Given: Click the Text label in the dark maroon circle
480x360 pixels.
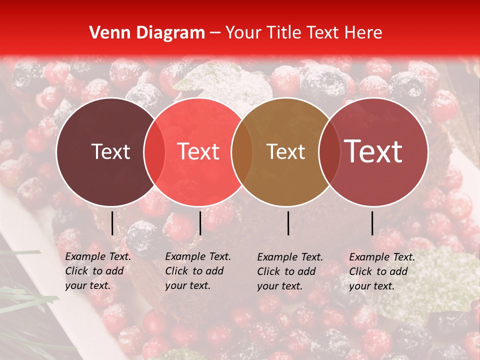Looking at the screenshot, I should (x=110, y=152).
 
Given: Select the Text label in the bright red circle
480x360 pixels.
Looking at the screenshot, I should (x=198, y=152).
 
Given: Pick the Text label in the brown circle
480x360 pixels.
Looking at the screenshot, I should (x=286, y=152).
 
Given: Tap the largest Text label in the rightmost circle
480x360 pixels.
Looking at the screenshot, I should (x=373, y=151).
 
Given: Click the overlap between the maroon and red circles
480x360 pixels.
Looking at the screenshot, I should (x=154, y=152).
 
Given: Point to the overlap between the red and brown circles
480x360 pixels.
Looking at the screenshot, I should (x=242, y=152).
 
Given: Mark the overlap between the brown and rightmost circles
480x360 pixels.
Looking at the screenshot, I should (x=329, y=152).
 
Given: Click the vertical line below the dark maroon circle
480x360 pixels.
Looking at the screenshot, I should (x=112, y=223).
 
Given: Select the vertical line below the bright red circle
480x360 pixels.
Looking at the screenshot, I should (x=200, y=223).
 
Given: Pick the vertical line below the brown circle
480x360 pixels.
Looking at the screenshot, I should (x=288, y=223).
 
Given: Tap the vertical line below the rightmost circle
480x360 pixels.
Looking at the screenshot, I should (x=372, y=223).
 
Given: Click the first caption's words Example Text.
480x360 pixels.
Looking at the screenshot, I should (x=98, y=257).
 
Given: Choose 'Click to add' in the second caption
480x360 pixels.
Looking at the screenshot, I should (x=194, y=271).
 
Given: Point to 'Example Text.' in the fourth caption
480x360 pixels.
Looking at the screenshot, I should (x=382, y=257).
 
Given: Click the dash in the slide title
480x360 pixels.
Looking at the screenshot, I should (x=215, y=33).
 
